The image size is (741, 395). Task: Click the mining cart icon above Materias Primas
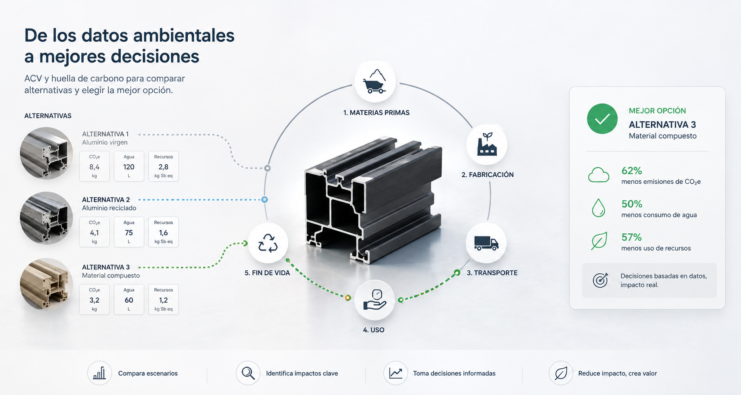tap(375, 82)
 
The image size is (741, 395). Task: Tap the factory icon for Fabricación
tap(487, 144)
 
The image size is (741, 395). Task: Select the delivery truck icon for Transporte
tap(486, 243)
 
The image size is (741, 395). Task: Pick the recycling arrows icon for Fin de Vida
tap(268, 243)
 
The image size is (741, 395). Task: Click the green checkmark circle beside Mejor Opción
tap(602, 119)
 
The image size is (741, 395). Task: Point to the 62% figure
tap(632, 171)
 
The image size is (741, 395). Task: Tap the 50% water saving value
tap(632, 204)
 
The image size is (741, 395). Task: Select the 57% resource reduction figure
tap(631, 237)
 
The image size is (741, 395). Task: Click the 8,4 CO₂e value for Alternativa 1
tap(95, 167)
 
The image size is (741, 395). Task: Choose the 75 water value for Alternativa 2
tap(129, 232)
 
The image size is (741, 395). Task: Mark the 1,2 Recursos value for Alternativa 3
tap(163, 300)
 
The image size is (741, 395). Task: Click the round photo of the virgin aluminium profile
tap(46, 153)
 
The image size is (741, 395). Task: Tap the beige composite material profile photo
tap(46, 284)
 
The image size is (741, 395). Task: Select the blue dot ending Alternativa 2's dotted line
tap(265, 200)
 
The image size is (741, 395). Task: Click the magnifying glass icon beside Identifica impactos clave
tap(248, 373)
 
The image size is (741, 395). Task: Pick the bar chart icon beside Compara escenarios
tap(99, 373)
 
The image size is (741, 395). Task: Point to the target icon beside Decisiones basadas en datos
tap(600, 280)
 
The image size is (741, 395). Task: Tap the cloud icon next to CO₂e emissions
tap(599, 175)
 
